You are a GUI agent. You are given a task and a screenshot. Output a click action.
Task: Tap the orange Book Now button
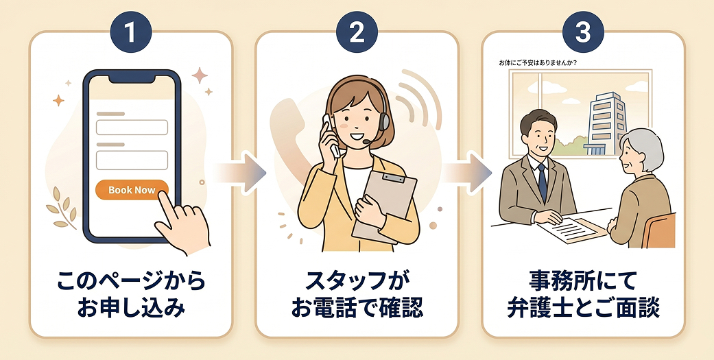[132, 190]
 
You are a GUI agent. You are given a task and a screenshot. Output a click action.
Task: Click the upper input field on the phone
[132, 128]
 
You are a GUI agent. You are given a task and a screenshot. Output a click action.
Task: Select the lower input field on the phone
[132, 160]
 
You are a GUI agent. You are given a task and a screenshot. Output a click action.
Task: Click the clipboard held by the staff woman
[385, 205]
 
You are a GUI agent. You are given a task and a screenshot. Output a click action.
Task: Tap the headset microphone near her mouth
[366, 142]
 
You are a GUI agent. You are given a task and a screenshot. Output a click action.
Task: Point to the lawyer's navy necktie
[542, 182]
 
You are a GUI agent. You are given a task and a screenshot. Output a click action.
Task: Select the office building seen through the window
[608, 122]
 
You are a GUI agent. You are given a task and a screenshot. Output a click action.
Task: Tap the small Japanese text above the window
[538, 63]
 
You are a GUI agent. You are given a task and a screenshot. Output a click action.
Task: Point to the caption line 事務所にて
[583, 282]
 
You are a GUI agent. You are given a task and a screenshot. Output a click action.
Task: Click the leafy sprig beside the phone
[62, 207]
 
